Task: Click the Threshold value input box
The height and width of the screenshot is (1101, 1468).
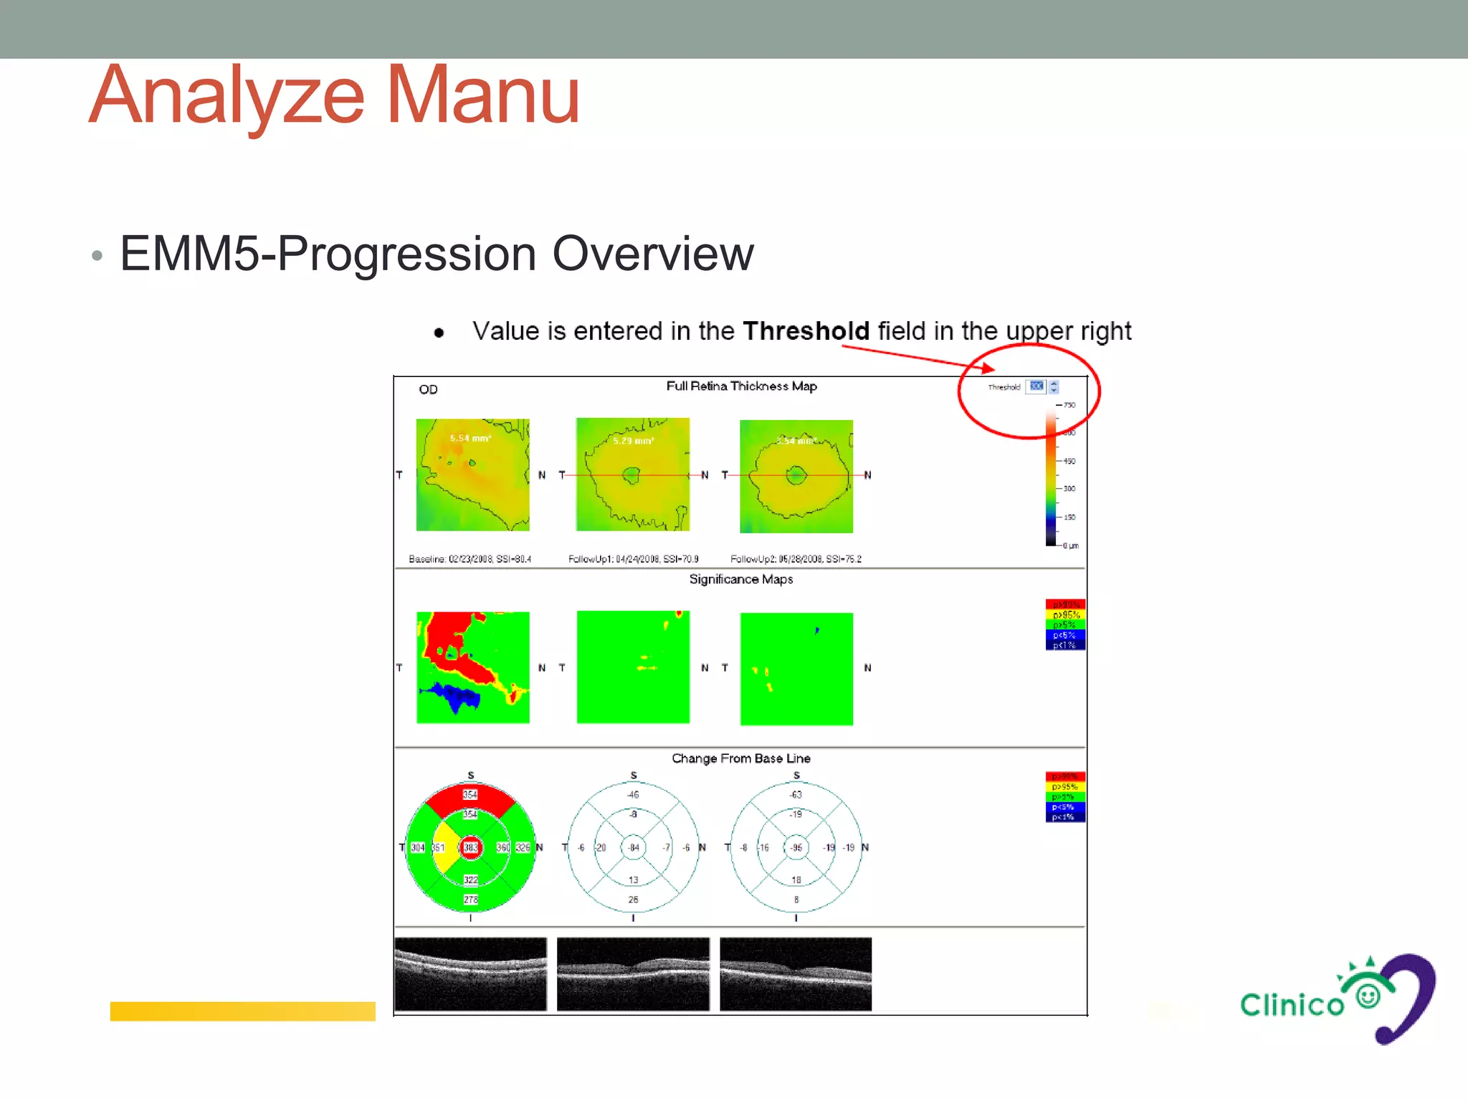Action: [1036, 386]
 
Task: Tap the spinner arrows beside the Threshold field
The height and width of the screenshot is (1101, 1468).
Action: [1054, 387]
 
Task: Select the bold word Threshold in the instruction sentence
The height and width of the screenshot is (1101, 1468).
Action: [806, 331]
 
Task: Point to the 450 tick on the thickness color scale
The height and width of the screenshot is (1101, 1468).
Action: [1068, 461]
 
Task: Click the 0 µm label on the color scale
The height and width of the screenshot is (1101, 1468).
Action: [1070, 545]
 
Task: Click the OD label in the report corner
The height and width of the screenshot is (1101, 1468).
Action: [428, 389]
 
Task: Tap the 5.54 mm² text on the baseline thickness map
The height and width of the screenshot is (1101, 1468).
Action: [470, 438]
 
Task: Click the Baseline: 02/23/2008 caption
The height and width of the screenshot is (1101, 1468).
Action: [470, 559]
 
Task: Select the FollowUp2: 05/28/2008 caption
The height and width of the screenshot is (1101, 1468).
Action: [795, 559]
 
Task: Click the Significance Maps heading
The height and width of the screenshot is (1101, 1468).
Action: [740, 579]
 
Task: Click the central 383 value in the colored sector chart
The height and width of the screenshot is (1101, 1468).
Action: [470, 847]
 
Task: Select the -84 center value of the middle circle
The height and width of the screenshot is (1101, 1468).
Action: [634, 847]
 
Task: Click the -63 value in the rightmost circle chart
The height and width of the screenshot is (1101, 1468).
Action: [796, 794]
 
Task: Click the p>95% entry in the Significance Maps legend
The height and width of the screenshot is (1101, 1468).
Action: [1065, 615]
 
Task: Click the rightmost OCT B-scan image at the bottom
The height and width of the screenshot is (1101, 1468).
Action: [796, 973]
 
